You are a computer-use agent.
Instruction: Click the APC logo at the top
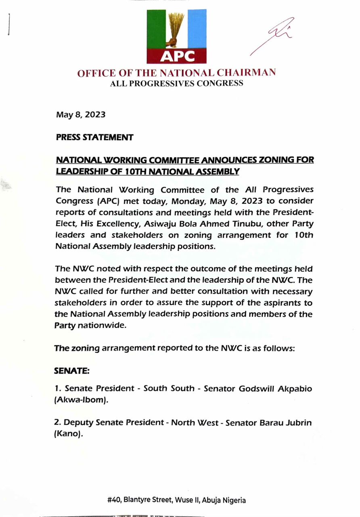176,36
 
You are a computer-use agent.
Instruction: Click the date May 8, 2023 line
81,114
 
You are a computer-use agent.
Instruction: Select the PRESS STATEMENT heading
94,137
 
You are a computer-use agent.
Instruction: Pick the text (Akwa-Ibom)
81,400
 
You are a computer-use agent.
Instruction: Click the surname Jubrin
299,423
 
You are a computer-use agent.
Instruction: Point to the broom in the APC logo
176,26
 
